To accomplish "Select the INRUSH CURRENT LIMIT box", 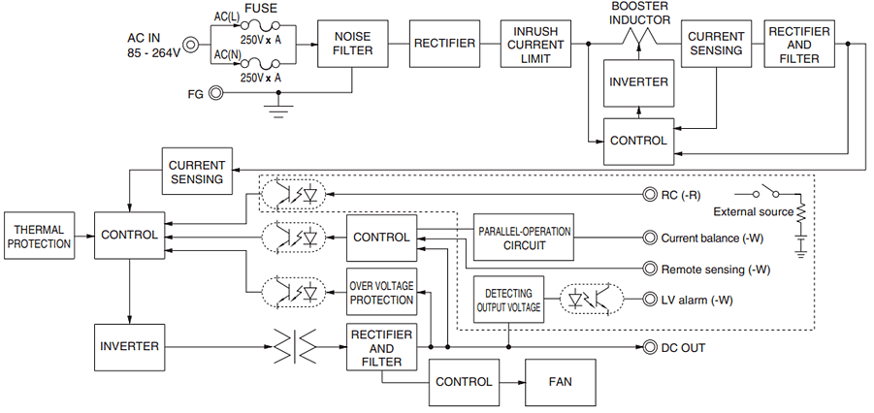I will pos(535,44).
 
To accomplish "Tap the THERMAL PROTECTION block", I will pos(39,236).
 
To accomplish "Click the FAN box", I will pos(560,382).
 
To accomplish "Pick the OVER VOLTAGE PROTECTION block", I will pos(382,292).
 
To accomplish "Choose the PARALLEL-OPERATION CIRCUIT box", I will pos(524,238).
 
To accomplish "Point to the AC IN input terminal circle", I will pos(191,44).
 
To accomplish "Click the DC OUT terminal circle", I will pos(650,347).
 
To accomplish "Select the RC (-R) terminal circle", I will pos(650,194).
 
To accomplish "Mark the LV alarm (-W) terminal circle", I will pos(650,301).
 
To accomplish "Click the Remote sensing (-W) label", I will pos(715,270).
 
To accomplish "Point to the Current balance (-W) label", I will pos(715,238).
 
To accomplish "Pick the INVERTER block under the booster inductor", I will pos(637,82).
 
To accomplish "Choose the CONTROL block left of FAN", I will pos(464,382).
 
